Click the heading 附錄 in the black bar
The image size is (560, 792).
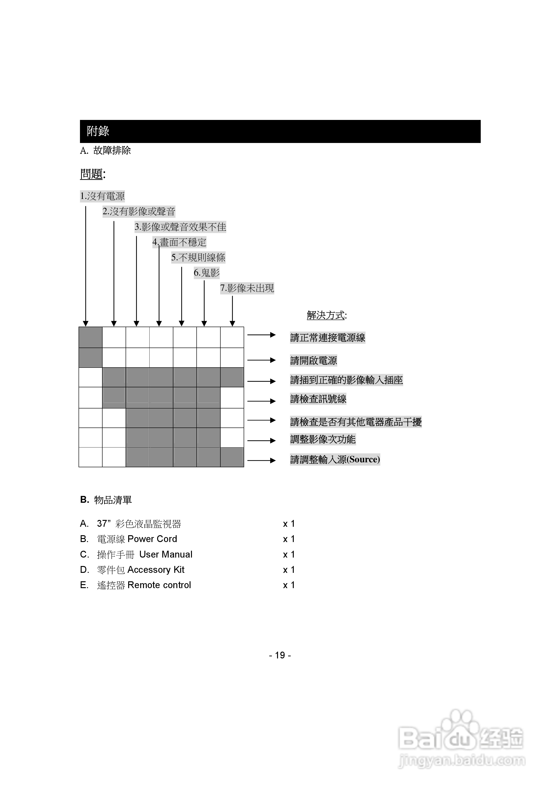98,131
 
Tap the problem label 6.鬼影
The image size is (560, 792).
207,273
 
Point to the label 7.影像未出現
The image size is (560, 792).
247,288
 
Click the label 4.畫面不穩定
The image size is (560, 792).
179,242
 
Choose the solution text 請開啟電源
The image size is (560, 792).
313,360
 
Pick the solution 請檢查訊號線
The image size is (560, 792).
318,399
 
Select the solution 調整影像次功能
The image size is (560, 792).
323,439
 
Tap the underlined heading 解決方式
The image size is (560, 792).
326,315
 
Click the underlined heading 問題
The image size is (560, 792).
92,174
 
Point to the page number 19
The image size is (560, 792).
280,655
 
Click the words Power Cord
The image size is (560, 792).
152,539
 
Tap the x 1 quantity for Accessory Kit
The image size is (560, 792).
289,570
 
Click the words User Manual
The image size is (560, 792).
166,554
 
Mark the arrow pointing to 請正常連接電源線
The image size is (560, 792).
261,335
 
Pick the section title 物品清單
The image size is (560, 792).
113,500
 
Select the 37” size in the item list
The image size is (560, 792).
103,524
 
